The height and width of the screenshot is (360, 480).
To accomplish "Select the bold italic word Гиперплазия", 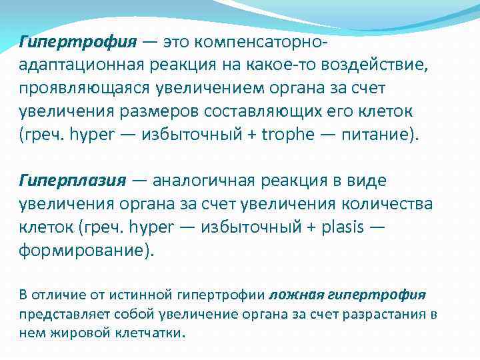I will click(73, 180).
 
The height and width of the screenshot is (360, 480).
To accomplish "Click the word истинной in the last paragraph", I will click(141, 294).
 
